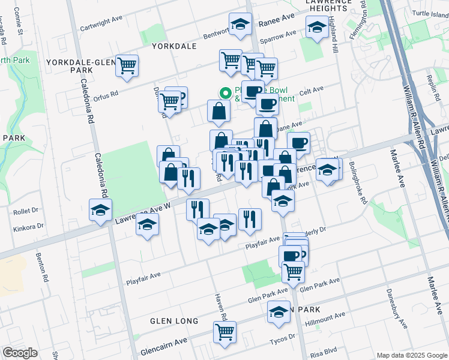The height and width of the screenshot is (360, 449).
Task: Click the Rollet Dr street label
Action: [x=26, y=211]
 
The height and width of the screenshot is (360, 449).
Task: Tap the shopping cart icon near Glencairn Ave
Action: [x=224, y=332]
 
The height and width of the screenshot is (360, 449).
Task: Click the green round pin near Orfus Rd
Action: [x=226, y=92]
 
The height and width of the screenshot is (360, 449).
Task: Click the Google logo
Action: [x=20, y=353]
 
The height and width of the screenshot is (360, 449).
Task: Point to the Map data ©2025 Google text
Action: [x=411, y=355]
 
